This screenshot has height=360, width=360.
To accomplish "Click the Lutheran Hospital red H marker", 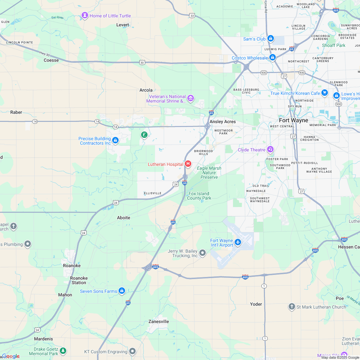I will tap(188, 164).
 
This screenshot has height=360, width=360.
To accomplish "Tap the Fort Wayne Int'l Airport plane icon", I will tap(238, 242).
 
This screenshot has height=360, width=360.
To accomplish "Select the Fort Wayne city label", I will tap(293, 120).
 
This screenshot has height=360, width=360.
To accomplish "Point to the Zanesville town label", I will tap(158, 321).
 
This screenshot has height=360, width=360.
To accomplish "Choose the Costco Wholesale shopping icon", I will tap(272, 58).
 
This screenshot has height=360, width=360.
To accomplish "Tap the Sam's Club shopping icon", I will tap(271, 39).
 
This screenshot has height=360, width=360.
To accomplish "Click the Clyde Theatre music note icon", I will tap(270, 149).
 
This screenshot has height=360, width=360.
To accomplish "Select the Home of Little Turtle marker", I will tap(85, 15).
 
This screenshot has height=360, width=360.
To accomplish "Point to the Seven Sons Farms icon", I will tap(122, 291).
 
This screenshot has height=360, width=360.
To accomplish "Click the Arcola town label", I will tap(146, 90).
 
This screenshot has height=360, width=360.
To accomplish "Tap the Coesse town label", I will tap(51, 60).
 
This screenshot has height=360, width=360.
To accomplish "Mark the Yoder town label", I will tap(256, 304).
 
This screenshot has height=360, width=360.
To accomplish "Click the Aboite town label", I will tap(123, 218).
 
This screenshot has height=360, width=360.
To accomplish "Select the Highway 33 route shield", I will tap(192, 15).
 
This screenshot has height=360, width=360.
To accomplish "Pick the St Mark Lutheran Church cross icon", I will tap(292, 307).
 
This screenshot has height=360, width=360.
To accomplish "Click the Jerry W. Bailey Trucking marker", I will tap(203, 253).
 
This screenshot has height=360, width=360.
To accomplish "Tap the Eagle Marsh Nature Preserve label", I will tap(209, 173).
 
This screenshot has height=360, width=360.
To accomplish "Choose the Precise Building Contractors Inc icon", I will tap(115, 140).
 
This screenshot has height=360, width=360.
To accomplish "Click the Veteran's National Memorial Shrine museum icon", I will tap(191, 98).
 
